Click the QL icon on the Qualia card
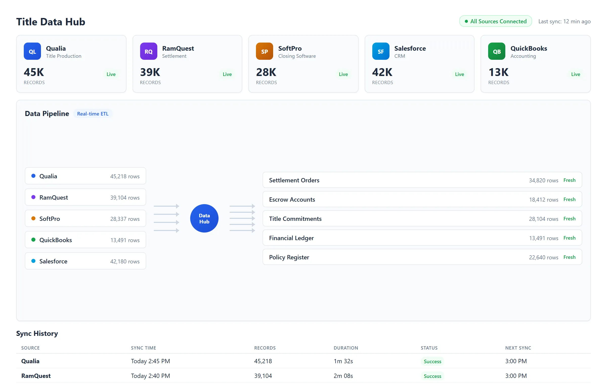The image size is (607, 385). pyautogui.click(x=32, y=51)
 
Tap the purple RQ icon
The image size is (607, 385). pyautogui.click(x=148, y=51)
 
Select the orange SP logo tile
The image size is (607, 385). pyautogui.click(x=264, y=51)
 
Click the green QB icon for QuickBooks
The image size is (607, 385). pyautogui.click(x=496, y=51)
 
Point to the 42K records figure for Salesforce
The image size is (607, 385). pyautogui.click(x=382, y=72)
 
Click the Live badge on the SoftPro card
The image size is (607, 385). pyautogui.click(x=343, y=74)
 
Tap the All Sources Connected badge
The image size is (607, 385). pyautogui.click(x=495, y=21)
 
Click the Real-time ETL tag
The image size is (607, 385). pyautogui.click(x=93, y=114)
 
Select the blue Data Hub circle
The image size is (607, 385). pyautogui.click(x=204, y=218)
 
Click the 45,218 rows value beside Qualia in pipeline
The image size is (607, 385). pyautogui.click(x=125, y=176)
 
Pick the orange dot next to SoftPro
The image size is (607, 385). pyautogui.click(x=33, y=218)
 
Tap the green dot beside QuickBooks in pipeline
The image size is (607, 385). pyautogui.click(x=33, y=240)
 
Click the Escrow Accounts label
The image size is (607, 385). pyautogui.click(x=292, y=200)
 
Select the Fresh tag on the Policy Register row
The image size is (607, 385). pyautogui.click(x=569, y=257)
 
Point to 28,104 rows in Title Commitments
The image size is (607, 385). pyautogui.click(x=544, y=219)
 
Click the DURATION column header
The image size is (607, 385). pyautogui.click(x=346, y=348)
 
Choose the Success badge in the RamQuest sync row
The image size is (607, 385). pyautogui.click(x=432, y=376)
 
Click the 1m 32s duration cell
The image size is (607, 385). pyautogui.click(x=343, y=361)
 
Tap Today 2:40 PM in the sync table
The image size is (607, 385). pyautogui.click(x=150, y=376)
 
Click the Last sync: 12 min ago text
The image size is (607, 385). pyautogui.click(x=564, y=22)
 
